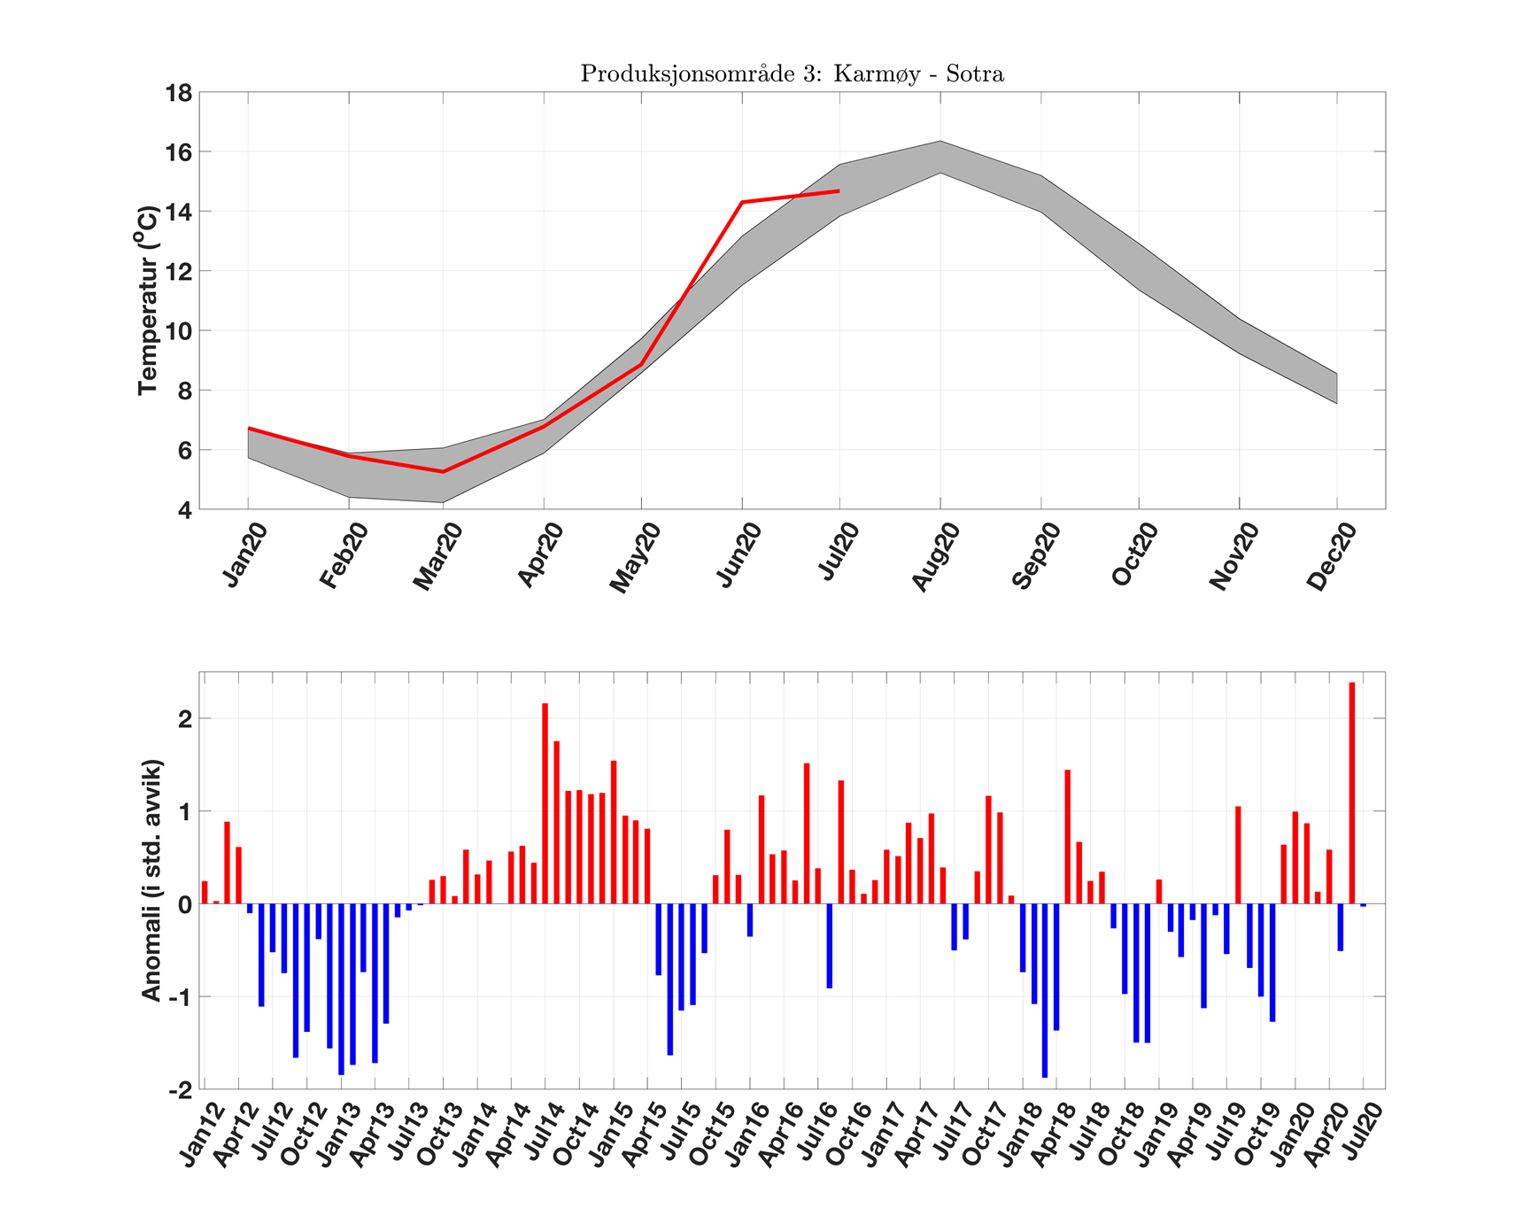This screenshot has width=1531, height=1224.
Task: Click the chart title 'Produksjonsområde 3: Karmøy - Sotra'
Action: coord(792,74)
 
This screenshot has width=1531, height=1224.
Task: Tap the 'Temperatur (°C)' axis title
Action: coord(148,300)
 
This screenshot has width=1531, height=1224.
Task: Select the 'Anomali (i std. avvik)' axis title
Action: coord(151,880)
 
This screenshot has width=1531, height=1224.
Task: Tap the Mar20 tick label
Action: coord(438,557)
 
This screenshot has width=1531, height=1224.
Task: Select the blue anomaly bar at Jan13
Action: coord(341,988)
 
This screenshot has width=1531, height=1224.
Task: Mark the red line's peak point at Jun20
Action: coord(742,203)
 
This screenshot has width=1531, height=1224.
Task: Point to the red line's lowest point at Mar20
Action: coord(443,471)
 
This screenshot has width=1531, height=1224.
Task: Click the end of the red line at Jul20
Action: coord(839,190)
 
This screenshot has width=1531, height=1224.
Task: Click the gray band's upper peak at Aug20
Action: coord(940,142)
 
